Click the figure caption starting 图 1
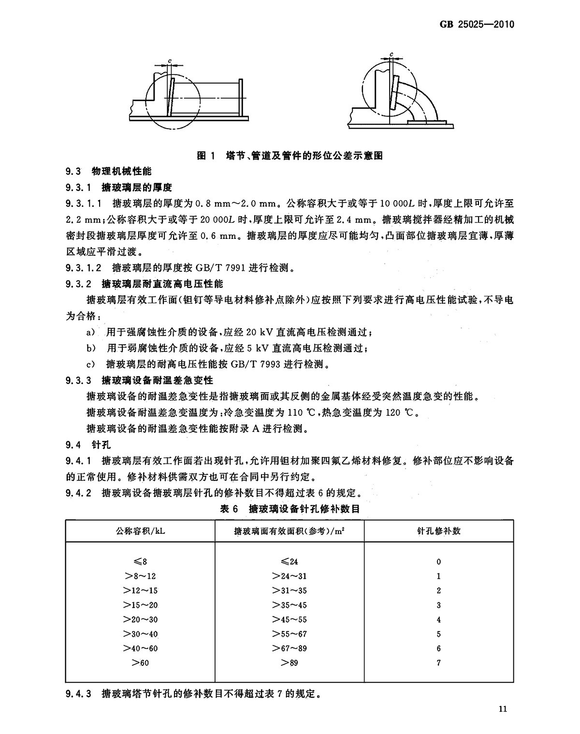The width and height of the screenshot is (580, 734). (x=290, y=156)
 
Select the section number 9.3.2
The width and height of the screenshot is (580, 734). (x=78, y=283)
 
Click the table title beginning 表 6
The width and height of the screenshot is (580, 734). (x=290, y=509)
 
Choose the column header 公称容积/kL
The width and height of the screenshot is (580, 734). (x=140, y=531)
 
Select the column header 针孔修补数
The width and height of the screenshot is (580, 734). (x=438, y=531)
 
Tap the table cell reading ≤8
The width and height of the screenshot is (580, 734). (x=140, y=561)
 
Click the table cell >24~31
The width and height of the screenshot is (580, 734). (x=289, y=576)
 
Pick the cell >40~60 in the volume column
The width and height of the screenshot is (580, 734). (x=140, y=648)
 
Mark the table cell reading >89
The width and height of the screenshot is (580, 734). (x=289, y=663)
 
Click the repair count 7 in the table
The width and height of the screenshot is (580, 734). (x=438, y=663)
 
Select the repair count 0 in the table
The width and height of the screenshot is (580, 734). (x=438, y=561)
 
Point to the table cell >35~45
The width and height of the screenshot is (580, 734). (x=289, y=605)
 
